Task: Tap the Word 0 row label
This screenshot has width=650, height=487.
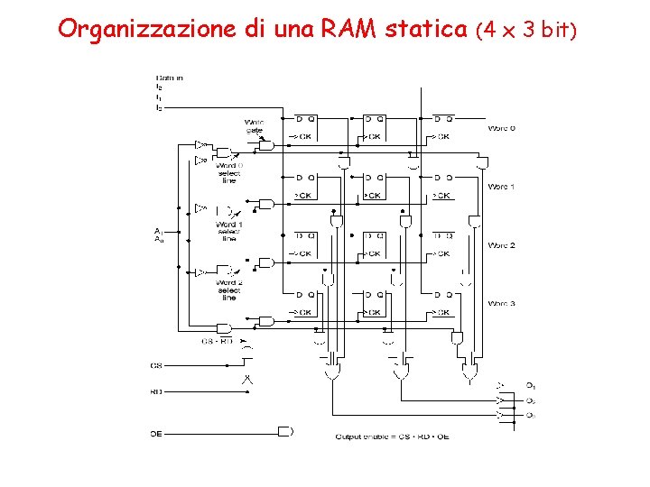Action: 501,128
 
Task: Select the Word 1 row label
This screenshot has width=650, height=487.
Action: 501,187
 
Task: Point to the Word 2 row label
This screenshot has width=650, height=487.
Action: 501,245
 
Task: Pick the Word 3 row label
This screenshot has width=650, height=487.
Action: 501,304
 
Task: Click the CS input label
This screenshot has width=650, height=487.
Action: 156,365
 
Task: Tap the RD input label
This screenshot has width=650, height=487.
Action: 156,391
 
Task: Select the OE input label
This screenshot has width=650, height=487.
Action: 156,433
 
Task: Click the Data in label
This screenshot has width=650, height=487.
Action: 170,78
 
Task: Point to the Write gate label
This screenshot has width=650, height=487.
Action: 254,125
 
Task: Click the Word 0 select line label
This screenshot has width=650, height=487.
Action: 228,173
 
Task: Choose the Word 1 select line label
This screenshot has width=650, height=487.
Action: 228,231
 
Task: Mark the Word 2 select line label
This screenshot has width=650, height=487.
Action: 228,290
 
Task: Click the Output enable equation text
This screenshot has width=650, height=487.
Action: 393,437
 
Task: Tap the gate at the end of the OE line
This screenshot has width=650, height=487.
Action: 286,432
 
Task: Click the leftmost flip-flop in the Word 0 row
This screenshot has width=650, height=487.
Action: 305,128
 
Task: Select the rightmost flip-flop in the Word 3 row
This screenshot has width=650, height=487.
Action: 442,304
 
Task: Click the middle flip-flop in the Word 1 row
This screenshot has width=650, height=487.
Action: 374,187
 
